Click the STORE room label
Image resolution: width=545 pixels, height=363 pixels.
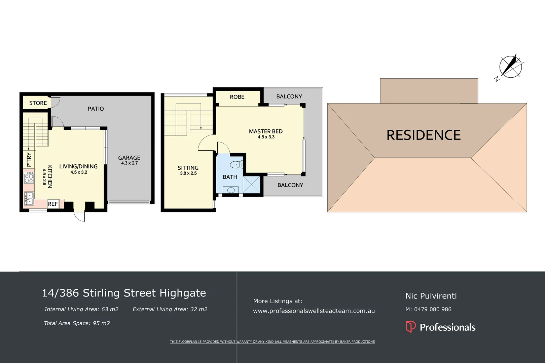(38, 103)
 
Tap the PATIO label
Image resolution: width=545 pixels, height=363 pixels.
(96, 109)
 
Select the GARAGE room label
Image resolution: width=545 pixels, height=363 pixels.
(129, 158)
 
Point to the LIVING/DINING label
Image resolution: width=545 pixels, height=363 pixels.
(78, 166)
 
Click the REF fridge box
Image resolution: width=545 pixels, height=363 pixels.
(53, 204)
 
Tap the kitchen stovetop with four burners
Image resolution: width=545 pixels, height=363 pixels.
(29, 177)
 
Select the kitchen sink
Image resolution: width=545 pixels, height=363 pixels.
(29, 198)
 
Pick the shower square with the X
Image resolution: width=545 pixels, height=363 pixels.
(251, 185)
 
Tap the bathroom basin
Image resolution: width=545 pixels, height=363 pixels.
(231, 190)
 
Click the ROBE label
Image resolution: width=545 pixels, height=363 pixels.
(237, 97)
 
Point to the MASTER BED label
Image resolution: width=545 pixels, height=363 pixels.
(266, 131)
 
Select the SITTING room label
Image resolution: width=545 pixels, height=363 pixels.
(188, 168)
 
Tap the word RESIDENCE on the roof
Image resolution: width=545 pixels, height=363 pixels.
(424, 135)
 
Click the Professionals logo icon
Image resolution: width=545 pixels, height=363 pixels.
(411, 327)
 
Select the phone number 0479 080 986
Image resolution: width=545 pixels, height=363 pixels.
(433, 309)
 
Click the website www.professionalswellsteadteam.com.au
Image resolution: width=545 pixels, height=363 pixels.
(314, 311)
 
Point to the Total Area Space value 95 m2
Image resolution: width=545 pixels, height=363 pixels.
(101, 323)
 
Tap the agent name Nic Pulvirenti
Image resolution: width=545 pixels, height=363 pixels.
(431, 296)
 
